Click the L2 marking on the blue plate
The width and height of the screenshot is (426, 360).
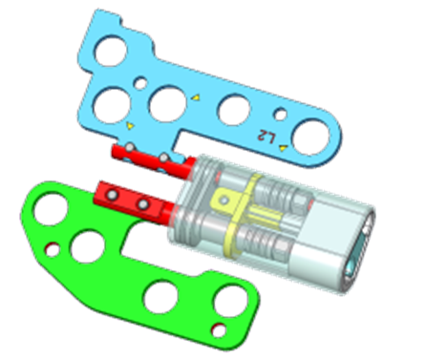point(266,137)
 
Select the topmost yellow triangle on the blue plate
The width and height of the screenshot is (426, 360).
point(196,97)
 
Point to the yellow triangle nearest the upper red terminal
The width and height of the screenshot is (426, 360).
point(130,126)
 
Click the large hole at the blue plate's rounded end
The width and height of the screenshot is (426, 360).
point(311,138)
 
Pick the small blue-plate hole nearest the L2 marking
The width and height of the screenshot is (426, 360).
point(281,115)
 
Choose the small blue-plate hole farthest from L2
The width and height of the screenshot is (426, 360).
point(140,84)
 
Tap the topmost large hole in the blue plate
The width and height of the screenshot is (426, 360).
point(111,52)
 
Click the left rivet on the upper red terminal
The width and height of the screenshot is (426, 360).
point(130,147)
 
